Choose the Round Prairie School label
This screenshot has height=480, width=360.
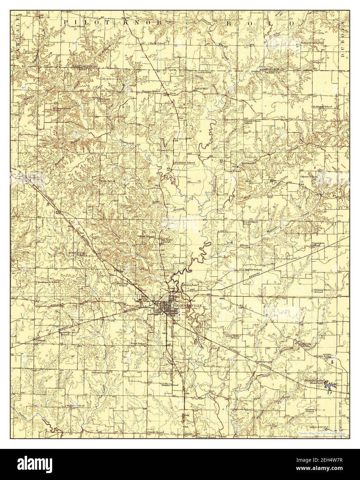coord(243,122)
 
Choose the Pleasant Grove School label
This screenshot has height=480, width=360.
coord(61,109)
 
